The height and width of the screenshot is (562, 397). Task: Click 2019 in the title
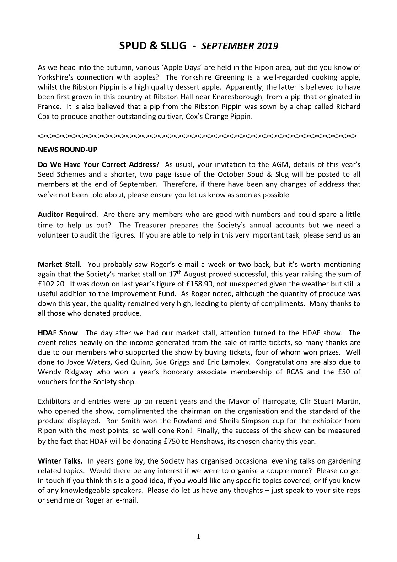(x=267, y=46)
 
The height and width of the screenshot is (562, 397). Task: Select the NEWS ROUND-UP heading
(x=68, y=150)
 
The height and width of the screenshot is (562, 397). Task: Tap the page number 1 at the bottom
(x=198, y=537)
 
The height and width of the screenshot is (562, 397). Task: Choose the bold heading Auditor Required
(x=68, y=214)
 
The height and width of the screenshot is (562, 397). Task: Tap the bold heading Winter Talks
(x=60, y=461)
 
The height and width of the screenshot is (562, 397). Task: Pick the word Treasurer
(x=145, y=224)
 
